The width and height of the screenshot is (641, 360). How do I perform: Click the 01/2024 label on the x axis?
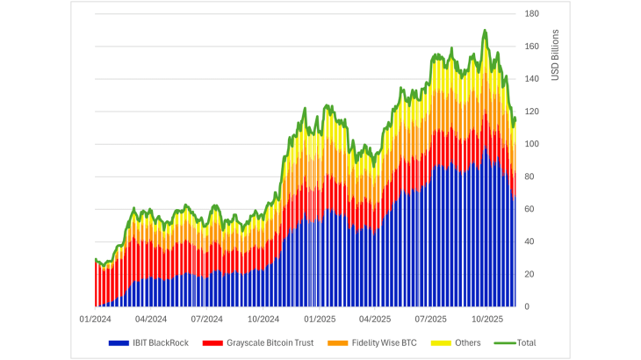coord(94,319)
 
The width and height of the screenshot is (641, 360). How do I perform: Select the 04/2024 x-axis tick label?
coord(150,319)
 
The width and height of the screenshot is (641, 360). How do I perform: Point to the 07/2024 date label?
coord(206,319)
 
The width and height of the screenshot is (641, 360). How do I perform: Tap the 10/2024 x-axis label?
coord(263,319)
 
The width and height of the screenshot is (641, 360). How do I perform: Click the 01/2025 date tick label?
coord(319,319)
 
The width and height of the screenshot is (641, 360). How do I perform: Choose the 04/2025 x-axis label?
coord(375,319)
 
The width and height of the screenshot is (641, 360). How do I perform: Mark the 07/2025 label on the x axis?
coord(431,319)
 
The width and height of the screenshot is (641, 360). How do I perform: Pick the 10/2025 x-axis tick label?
coord(486,319)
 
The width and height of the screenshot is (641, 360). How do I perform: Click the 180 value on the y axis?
coord(532,14)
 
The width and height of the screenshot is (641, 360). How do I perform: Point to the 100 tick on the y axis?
coord(532,144)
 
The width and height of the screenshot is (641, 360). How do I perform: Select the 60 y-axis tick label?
coord(529,209)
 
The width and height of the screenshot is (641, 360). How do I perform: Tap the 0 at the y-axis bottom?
coord(527,306)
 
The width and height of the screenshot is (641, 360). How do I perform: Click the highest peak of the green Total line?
coord(485,30)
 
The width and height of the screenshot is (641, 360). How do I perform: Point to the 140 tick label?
coord(532,79)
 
